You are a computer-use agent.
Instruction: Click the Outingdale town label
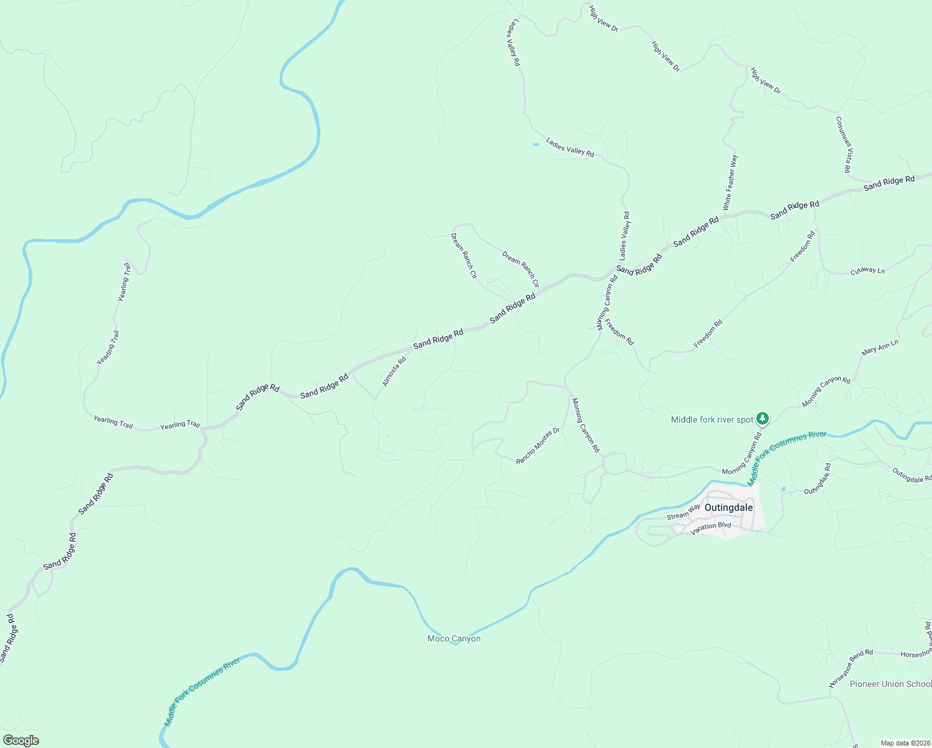tap(728, 507)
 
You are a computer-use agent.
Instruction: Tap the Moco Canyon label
tap(454, 638)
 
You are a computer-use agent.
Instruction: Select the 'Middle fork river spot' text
tap(712, 420)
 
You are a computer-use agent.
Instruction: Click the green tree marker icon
tap(762, 418)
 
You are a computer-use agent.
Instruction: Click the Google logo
tap(21, 741)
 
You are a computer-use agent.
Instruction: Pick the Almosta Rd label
tap(394, 371)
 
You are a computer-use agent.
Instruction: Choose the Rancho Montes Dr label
tap(538, 445)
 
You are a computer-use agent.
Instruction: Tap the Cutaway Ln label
tap(867, 271)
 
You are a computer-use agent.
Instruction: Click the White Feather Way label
tap(730, 182)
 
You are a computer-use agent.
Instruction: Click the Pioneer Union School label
tap(890, 684)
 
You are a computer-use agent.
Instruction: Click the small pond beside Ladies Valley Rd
tap(535, 145)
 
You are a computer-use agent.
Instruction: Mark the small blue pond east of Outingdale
tap(783, 489)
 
